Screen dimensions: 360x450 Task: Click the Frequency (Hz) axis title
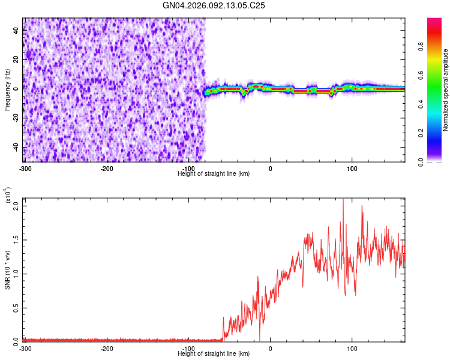[7, 89]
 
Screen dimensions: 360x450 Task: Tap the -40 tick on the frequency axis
[16, 147]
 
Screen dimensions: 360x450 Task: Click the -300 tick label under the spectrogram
[25, 167]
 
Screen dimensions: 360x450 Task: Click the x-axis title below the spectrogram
[214, 173]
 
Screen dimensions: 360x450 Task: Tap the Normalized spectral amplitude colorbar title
[446, 90]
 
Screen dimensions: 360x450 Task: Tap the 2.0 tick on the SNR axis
[16, 205]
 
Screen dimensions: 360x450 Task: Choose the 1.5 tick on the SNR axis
[16, 239]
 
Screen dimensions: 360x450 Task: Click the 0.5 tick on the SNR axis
[16, 308]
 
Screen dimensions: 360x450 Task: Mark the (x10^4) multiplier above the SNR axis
[8, 196]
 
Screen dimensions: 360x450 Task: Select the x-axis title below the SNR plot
[214, 354]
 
